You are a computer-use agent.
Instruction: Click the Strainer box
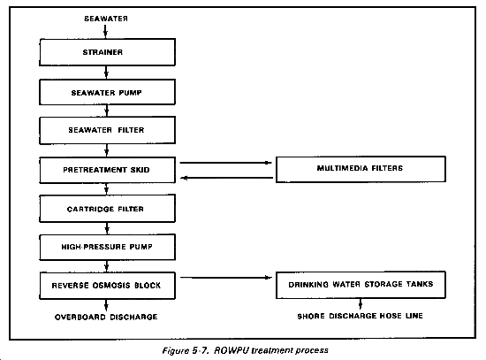point(107,52)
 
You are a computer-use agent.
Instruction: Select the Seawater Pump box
point(107,92)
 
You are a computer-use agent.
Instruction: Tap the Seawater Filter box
point(107,130)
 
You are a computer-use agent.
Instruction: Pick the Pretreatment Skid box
point(107,170)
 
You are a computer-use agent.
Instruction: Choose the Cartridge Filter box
point(107,209)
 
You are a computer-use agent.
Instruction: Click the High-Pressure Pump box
point(107,247)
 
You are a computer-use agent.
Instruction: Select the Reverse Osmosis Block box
point(107,286)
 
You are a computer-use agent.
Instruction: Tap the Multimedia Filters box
point(361,169)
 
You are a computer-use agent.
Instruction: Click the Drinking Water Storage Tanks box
point(361,285)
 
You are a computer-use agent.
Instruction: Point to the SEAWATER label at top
point(106,19)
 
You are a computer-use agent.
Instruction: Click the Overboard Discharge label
point(106,317)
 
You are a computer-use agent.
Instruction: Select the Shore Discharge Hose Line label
point(361,316)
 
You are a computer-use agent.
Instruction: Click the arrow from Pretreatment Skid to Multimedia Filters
point(226,163)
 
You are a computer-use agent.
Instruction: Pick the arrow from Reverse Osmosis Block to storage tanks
point(226,278)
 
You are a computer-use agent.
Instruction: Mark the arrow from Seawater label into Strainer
point(105,32)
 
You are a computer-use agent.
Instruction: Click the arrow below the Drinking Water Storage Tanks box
point(361,304)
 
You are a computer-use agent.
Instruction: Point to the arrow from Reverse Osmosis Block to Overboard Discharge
point(106,305)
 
